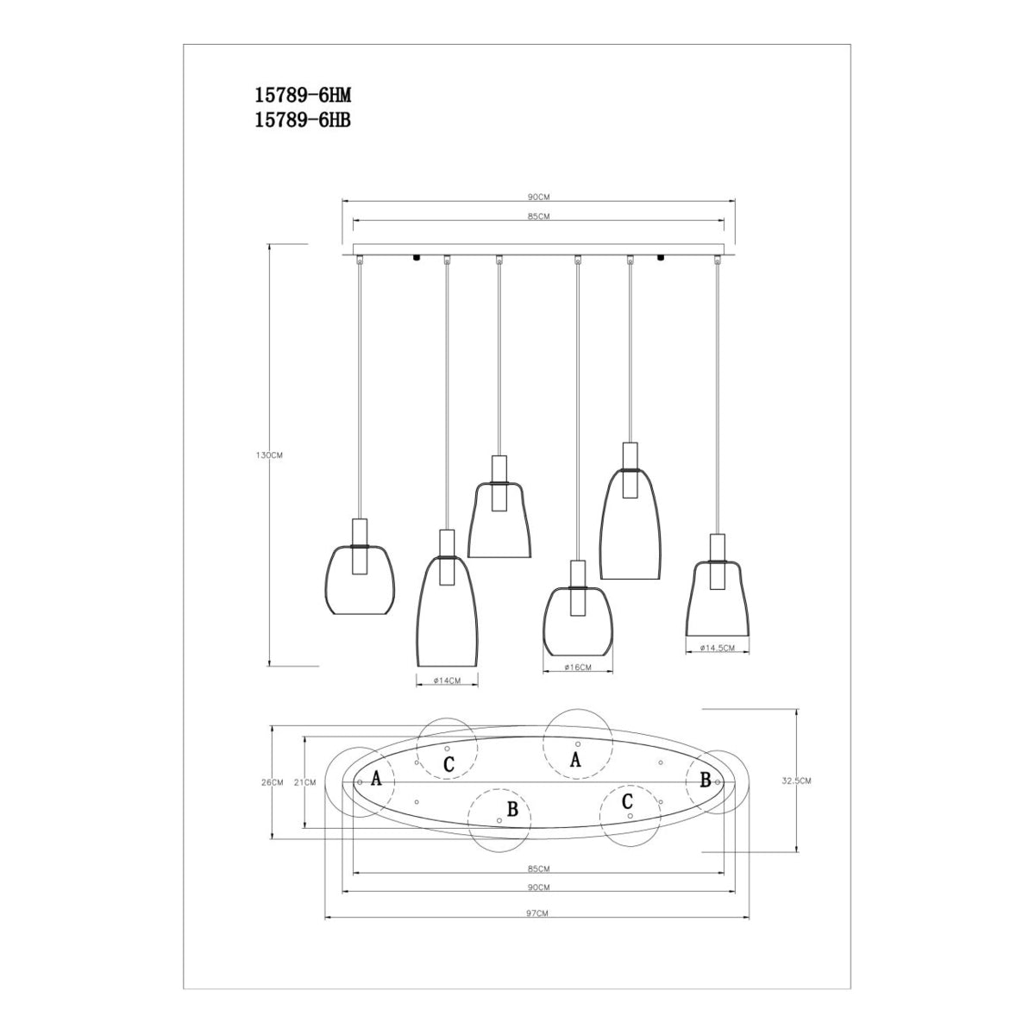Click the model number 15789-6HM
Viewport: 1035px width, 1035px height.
coord(303,96)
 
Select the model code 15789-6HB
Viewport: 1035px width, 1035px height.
coord(303,121)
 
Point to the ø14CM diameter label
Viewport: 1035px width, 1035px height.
coord(447,681)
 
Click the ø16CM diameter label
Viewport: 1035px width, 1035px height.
coord(578,668)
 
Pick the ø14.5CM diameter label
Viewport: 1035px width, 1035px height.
coord(718,649)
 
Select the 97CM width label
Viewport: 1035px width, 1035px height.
coord(537,913)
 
